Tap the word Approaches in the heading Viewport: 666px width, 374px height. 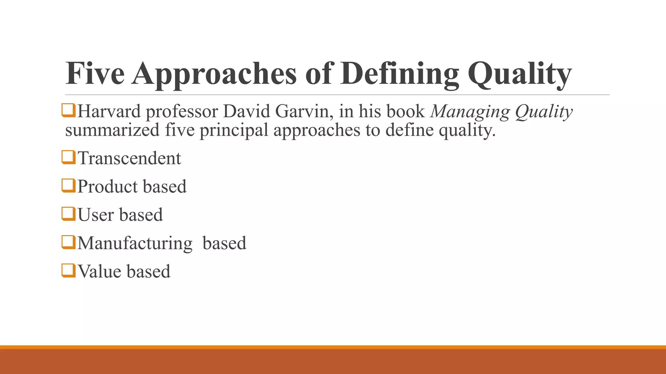click(x=214, y=74)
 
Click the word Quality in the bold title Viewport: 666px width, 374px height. click(x=519, y=74)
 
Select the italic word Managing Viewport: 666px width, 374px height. click(x=470, y=112)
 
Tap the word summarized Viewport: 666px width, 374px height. click(x=112, y=130)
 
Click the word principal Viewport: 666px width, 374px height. click(x=234, y=131)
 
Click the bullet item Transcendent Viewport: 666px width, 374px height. click(x=129, y=158)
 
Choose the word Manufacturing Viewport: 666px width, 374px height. click(x=135, y=243)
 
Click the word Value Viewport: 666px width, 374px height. click(x=99, y=271)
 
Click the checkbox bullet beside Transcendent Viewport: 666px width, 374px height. click(x=68, y=157)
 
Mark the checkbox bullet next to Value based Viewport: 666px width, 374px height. click(x=68, y=270)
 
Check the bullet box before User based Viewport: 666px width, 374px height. click(x=68, y=214)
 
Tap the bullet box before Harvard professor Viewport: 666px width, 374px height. click(x=68, y=110)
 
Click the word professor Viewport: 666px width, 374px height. click(x=182, y=112)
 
